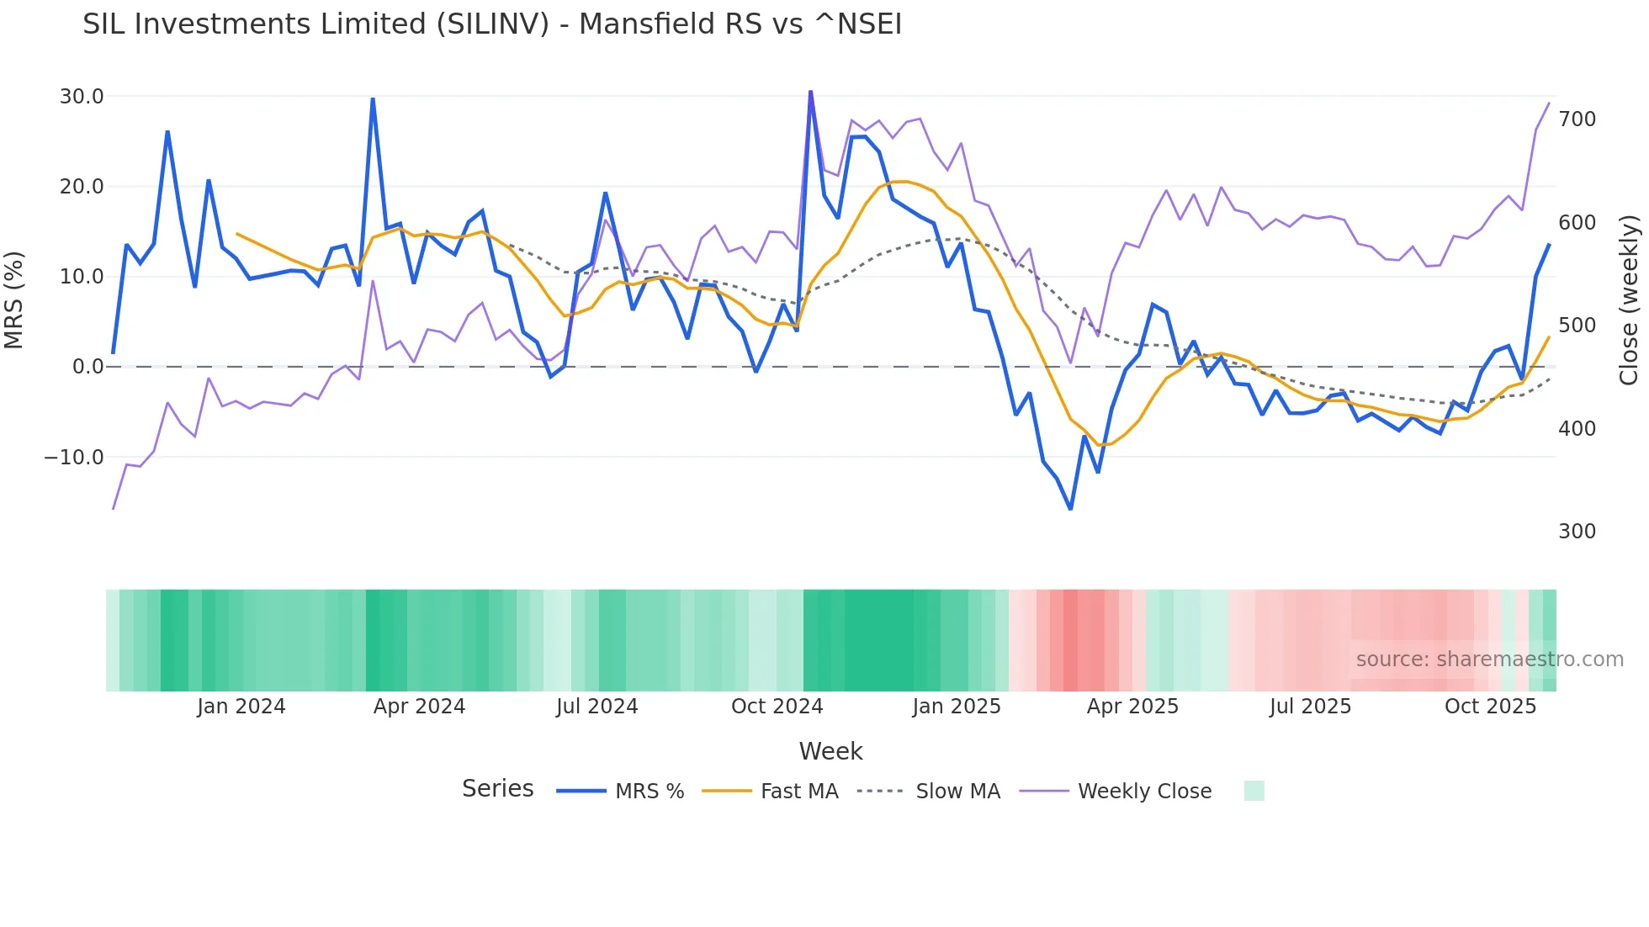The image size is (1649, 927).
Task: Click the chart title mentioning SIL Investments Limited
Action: tap(492, 24)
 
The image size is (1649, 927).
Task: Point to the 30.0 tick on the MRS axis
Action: tap(82, 97)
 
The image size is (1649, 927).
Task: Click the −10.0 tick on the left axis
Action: tap(74, 458)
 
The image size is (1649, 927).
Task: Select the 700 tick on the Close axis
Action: tap(1577, 119)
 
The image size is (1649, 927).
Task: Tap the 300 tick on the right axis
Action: tap(1577, 532)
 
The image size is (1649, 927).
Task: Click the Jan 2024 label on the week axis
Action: tap(241, 707)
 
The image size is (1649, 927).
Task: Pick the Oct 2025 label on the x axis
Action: tap(1490, 707)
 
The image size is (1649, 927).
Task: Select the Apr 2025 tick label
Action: tap(1132, 707)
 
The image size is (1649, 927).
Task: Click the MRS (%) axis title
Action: tap(14, 300)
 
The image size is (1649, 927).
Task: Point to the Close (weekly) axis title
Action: tap(1629, 300)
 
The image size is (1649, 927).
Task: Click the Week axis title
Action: tap(830, 751)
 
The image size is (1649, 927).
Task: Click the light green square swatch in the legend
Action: tap(1254, 791)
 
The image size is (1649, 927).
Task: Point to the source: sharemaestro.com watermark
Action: tap(1489, 659)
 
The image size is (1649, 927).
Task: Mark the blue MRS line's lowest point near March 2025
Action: tap(1070, 508)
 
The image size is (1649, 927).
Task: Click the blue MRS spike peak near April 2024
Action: tap(373, 99)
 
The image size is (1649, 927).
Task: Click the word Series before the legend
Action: tap(497, 789)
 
